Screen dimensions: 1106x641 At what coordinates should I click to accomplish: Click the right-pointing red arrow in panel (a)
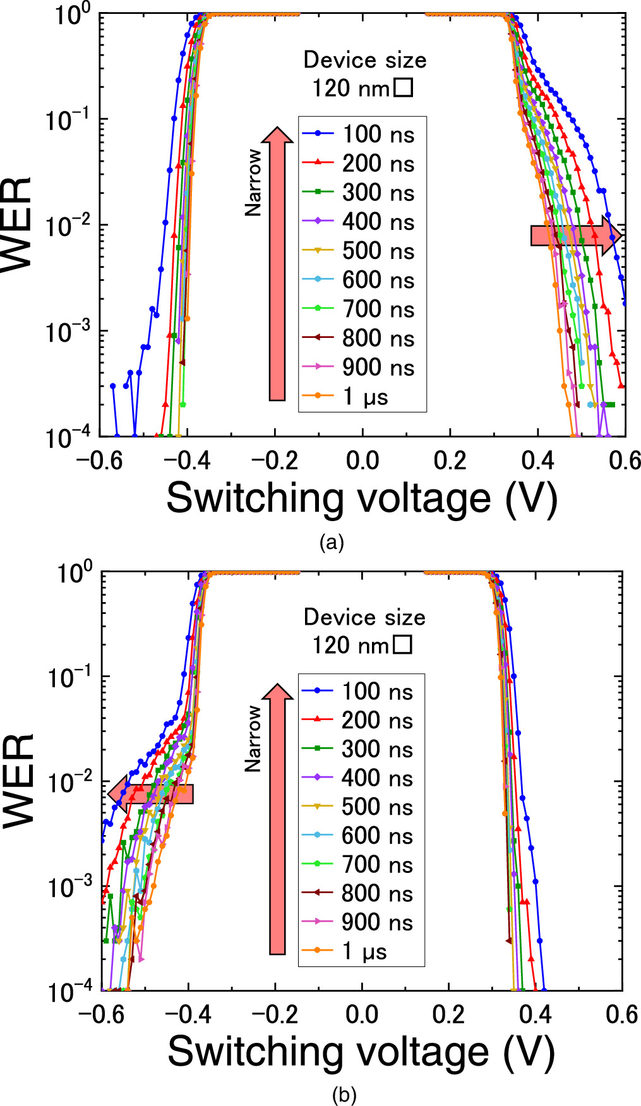click(575, 236)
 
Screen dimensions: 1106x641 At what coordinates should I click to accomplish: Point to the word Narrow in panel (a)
click(253, 183)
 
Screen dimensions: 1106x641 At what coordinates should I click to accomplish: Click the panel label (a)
click(332, 542)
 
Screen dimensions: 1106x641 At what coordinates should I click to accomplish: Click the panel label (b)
click(344, 1095)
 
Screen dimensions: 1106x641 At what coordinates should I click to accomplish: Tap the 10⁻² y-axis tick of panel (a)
click(67, 225)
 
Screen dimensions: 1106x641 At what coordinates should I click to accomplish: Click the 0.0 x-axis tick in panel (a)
click(362, 460)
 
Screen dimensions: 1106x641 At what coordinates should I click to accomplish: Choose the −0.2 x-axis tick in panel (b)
click(275, 1014)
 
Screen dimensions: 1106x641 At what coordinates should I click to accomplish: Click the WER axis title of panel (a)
click(17, 224)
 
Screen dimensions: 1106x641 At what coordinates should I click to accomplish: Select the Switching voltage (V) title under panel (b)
click(361, 1053)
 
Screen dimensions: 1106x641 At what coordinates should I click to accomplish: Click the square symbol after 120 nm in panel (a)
click(403, 88)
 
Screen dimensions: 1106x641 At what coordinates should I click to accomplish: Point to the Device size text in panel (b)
click(364, 617)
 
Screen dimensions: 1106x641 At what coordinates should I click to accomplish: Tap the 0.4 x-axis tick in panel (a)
click(537, 460)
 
